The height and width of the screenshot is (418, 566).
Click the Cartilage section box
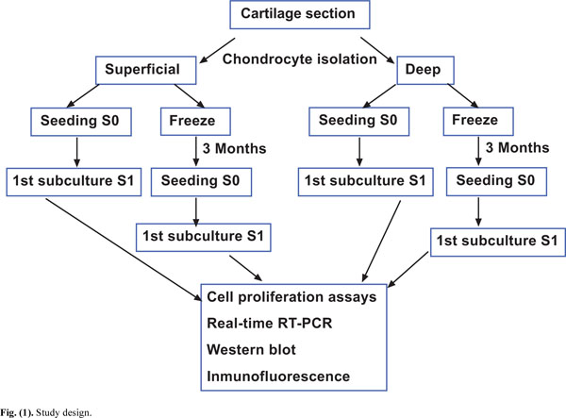pyautogui.click(x=300, y=14)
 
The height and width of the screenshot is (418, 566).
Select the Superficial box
pyautogui.click(x=146, y=70)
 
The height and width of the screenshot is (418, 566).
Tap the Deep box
pyautogui.click(x=425, y=70)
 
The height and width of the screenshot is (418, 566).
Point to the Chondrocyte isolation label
pyautogui.click(x=300, y=59)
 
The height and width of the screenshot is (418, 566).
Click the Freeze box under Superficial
pyautogui.click(x=195, y=122)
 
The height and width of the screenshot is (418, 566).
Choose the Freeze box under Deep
pyautogui.click(x=478, y=121)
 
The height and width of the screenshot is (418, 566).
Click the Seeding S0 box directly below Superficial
pyautogui.click(x=81, y=122)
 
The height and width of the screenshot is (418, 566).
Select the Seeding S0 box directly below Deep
pyautogui.click(x=359, y=122)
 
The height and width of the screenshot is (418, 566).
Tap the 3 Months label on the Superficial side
pyautogui.click(x=234, y=148)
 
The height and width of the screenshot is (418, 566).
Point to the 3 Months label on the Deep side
pyautogui.click(x=517, y=147)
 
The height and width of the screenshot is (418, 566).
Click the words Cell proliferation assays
pyautogui.click(x=291, y=297)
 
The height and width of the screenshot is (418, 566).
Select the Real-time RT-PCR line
pyautogui.click(x=269, y=323)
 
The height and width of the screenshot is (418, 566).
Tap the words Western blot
pyautogui.click(x=251, y=349)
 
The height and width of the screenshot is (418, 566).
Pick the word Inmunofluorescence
pyautogui.click(x=278, y=376)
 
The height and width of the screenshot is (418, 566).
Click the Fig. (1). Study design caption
pyautogui.click(x=46, y=412)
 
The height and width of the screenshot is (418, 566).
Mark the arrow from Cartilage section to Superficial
pyautogui.click(x=217, y=51)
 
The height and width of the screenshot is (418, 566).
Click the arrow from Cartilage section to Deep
pyautogui.click(x=377, y=51)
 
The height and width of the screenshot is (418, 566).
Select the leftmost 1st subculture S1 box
pyautogui.click(x=74, y=181)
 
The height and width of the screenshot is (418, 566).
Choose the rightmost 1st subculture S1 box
pyautogui.click(x=498, y=242)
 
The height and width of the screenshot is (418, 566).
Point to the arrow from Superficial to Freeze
pyautogui.click(x=190, y=96)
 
